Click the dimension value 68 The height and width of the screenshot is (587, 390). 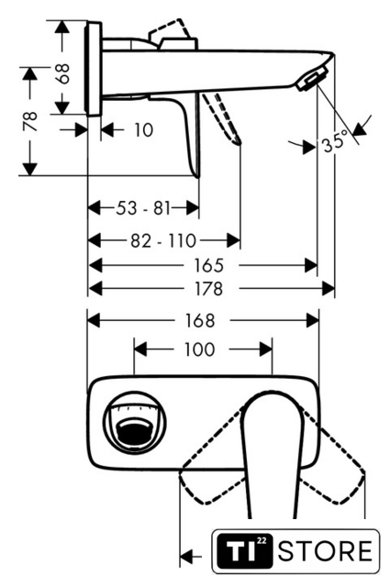pos(63,73)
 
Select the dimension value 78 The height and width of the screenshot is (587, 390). pos(30,121)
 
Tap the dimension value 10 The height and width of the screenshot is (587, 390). pos(143,130)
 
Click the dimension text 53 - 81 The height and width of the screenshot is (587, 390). pos(143,208)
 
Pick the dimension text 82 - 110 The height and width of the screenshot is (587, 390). pos(163,240)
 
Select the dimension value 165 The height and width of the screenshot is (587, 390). pos(208,266)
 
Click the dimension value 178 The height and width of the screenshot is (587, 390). pos(208,289)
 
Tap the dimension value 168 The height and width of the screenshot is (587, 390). pos(200,321)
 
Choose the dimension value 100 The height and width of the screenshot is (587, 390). pos(200,349)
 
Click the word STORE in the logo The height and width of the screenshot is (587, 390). pos(326,550)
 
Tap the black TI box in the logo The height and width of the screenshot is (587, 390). pos(244,550)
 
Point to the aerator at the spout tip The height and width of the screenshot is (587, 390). pos(312,78)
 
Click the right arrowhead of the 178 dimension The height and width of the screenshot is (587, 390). pos(329,289)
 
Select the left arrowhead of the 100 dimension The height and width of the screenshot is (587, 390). pos(140,349)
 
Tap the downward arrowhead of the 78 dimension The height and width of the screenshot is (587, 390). pos(30,169)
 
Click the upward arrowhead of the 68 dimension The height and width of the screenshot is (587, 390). pos(62,28)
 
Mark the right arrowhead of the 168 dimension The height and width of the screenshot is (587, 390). pos(312,321)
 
